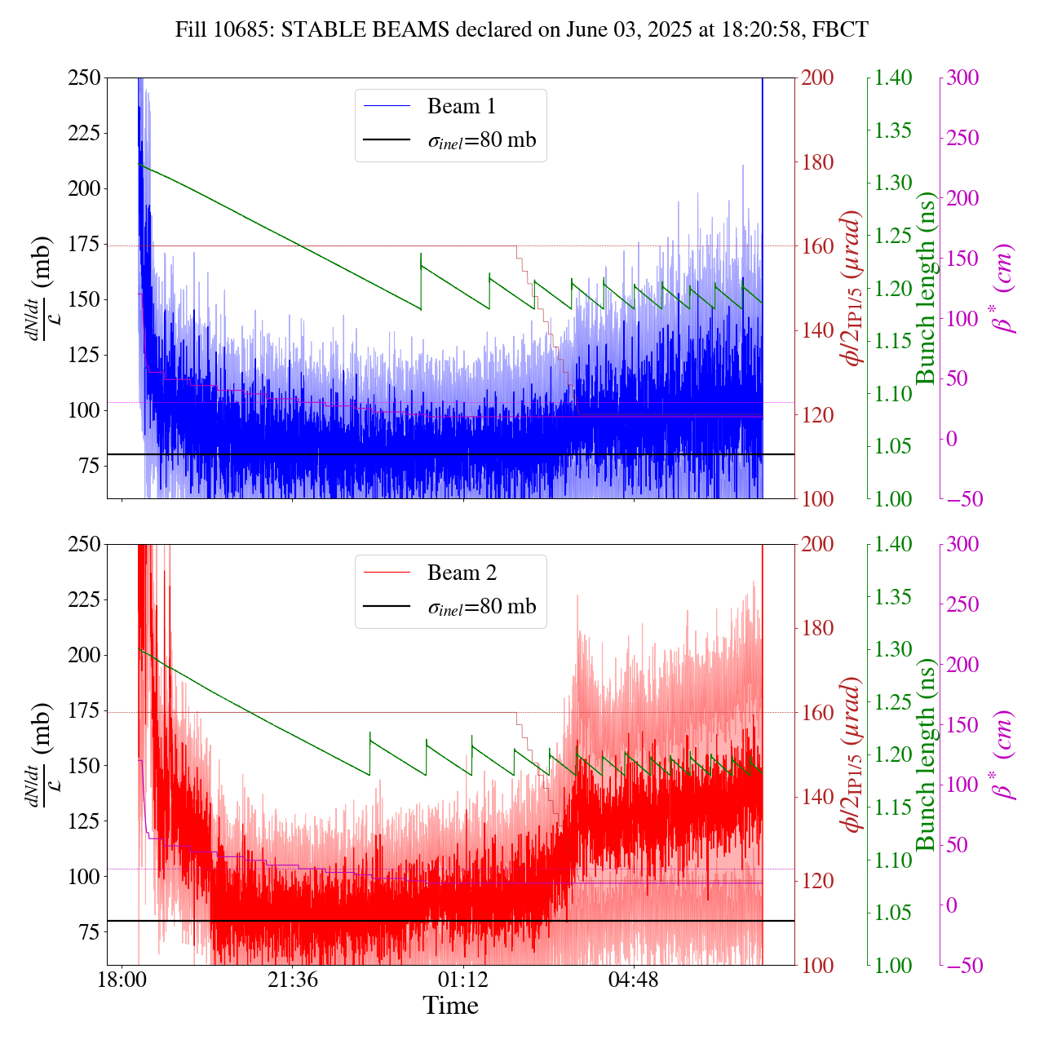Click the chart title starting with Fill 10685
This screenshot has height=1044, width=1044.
522,30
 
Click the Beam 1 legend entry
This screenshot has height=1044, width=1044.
461,107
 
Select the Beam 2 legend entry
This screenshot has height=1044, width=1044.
461,573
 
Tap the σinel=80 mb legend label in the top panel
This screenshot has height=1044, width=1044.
482,140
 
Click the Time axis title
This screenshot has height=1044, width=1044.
450,1006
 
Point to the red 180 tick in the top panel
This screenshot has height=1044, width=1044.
818,162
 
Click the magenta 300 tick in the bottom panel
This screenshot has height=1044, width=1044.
962,545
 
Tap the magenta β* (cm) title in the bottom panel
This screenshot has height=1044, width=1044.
1005,754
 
